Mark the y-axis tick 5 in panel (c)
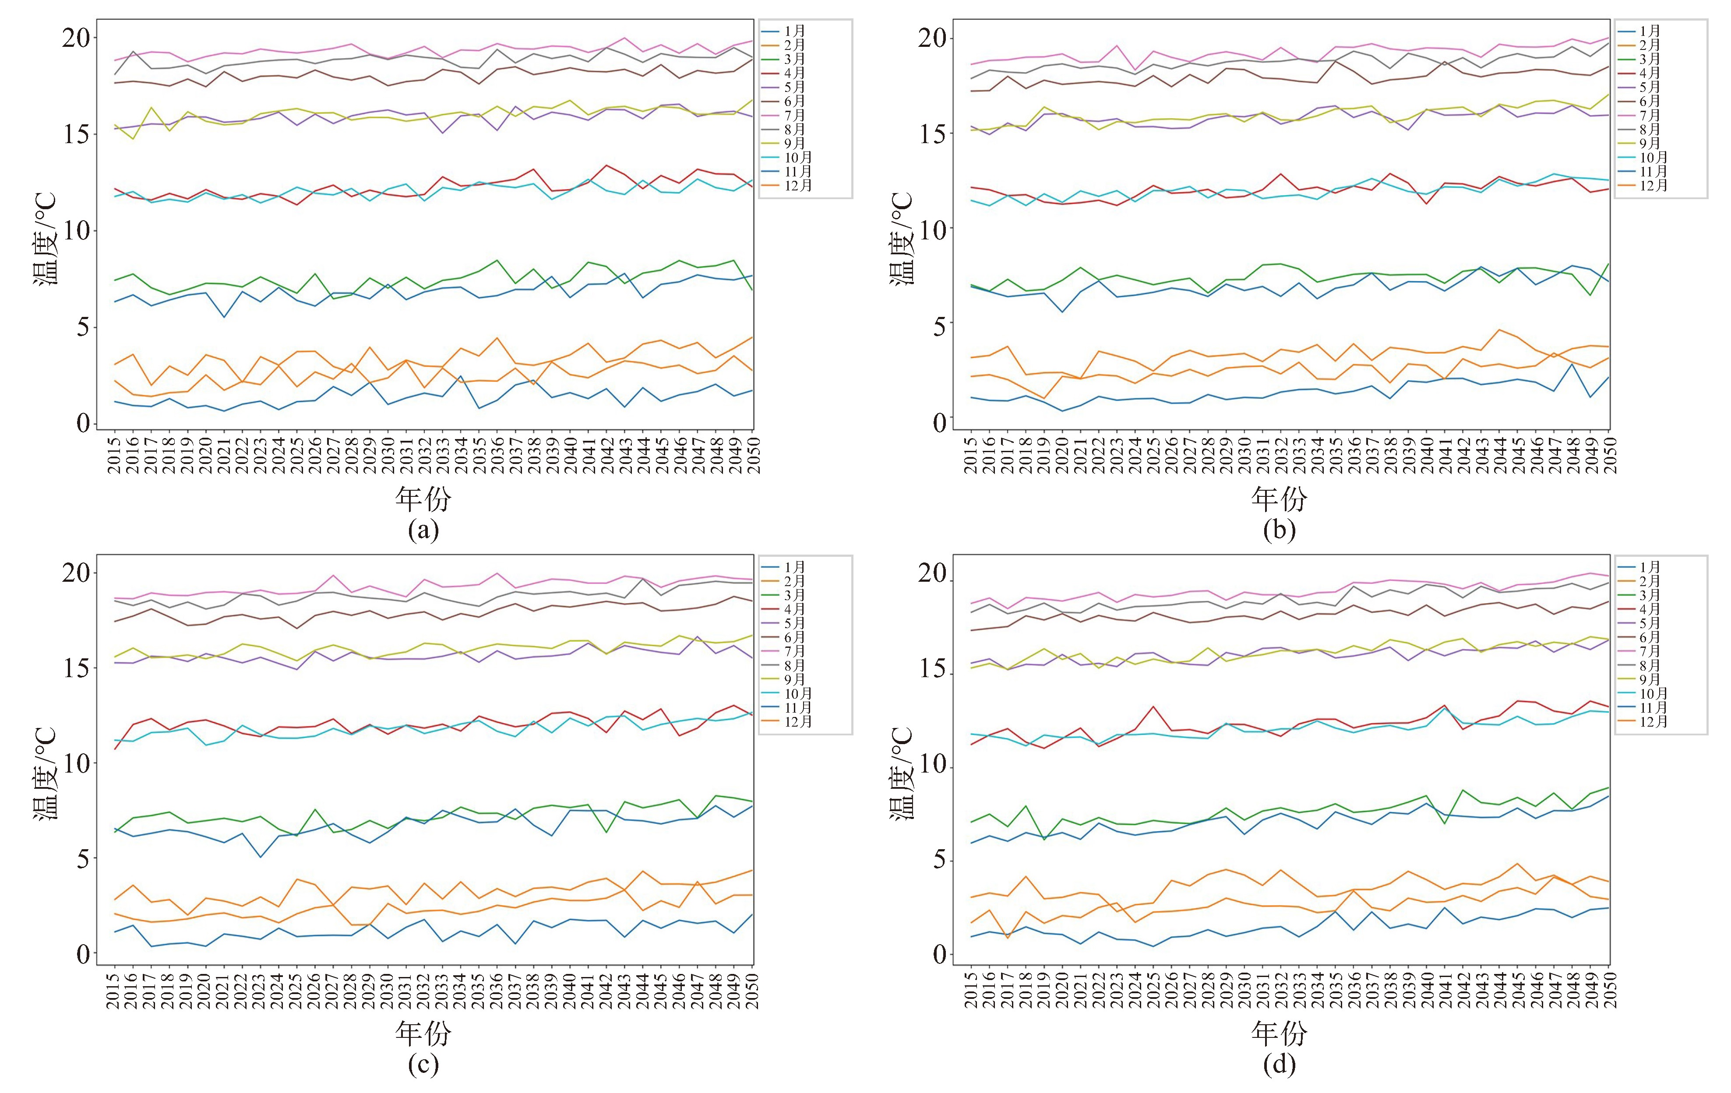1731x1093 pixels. pyautogui.click(x=84, y=859)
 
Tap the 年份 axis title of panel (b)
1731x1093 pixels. pyautogui.click(x=1279, y=498)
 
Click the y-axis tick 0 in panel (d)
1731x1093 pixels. pyautogui.click(x=940, y=954)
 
